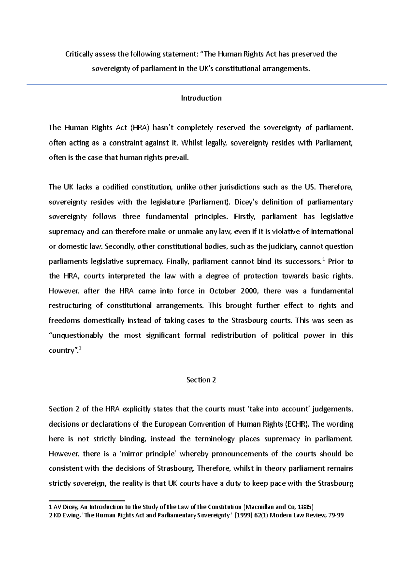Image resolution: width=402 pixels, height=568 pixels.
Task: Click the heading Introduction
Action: pyautogui.click(x=201, y=98)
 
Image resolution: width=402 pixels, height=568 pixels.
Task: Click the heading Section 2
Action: pyautogui.click(x=201, y=380)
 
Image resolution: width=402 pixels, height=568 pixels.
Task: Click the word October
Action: pyautogui.click(x=222, y=291)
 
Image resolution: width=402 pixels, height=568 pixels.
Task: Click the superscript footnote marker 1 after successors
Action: pyautogui.click(x=323, y=259)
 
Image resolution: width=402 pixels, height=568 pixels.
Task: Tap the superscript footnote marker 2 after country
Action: pyautogui.click(x=80, y=348)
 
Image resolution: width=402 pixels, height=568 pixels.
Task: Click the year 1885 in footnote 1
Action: pyautogui.click(x=306, y=507)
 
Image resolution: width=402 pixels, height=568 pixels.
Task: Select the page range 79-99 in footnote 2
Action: pyautogui.click(x=336, y=515)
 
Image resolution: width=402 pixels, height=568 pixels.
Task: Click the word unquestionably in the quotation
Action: pyautogui.click(x=76, y=336)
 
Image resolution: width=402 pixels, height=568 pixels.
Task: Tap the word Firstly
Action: pyautogui.click(x=245, y=217)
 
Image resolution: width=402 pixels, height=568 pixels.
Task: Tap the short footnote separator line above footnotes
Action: pyautogui.click(x=87, y=501)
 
